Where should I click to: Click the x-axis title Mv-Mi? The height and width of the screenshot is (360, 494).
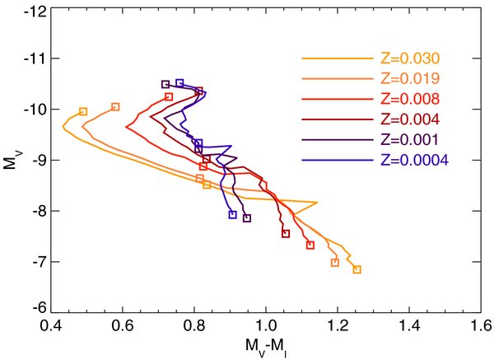[265, 347]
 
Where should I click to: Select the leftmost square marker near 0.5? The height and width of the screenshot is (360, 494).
[83, 111]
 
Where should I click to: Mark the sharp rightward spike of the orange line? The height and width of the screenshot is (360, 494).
[316, 202]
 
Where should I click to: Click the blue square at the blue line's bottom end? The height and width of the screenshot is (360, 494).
[232, 215]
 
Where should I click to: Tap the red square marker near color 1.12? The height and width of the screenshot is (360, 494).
[310, 245]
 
